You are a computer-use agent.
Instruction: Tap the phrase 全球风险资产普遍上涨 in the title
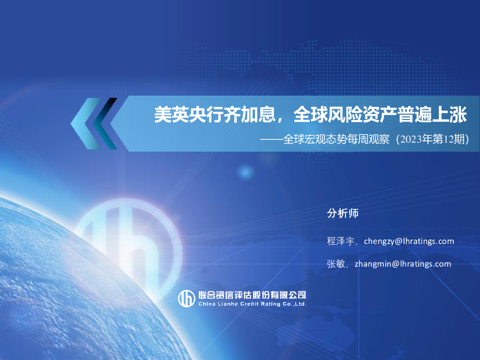click(x=380, y=114)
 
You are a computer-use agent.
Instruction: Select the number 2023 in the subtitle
click(x=408, y=140)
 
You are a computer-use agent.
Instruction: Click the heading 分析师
click(x=343, y=213)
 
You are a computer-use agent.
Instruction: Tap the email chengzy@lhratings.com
click(x=409, y=241)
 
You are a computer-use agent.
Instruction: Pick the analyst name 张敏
click(x=336, y=264)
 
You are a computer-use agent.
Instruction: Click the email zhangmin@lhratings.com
click(x=403, y=264)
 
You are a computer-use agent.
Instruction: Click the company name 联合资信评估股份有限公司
click(x=252, y=295)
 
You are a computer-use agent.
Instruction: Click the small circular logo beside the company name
click(x=187, y=298)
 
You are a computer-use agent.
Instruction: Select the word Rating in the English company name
click(x=271, y=304)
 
